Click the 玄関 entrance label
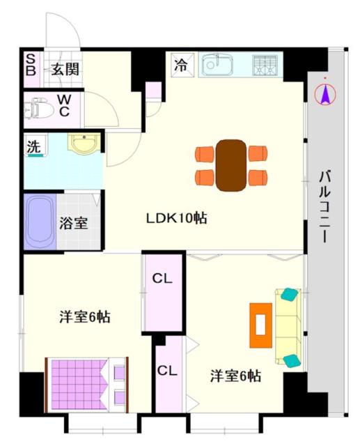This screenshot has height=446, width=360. point(63,68)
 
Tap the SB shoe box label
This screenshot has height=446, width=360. point(31,68)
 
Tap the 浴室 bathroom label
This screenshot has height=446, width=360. point(72,225)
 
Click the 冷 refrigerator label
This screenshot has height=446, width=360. point(180,66)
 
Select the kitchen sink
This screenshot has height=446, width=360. point(221,66)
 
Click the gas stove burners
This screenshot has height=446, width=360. point(264,66)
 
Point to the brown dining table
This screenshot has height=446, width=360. point(230,165)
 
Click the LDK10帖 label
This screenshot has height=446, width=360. point(176,218)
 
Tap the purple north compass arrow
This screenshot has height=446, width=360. point(325,93)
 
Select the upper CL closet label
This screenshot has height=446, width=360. point(162,279)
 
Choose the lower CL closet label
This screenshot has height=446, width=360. point(166,370)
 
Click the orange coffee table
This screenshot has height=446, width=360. point(260,325)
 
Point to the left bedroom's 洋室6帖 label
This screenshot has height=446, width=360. point(84,316)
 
